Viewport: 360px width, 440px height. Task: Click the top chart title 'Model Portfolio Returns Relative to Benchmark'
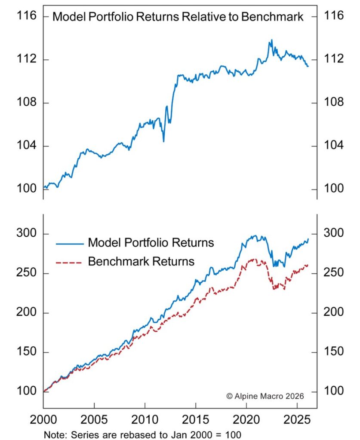178,17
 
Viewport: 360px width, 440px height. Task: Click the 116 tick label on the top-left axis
26,16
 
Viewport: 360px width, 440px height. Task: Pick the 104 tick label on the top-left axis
26,146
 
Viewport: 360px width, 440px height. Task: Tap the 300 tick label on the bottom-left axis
26,234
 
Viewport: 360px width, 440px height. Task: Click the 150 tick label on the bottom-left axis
26,352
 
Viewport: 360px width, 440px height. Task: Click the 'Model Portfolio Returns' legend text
151,243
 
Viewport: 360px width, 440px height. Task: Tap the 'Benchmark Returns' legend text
141,261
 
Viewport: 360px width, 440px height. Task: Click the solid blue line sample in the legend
69,243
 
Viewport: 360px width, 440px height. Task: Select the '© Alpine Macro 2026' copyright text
265,395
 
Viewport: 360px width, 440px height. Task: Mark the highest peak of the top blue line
271,40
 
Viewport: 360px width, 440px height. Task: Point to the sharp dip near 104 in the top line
163,141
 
